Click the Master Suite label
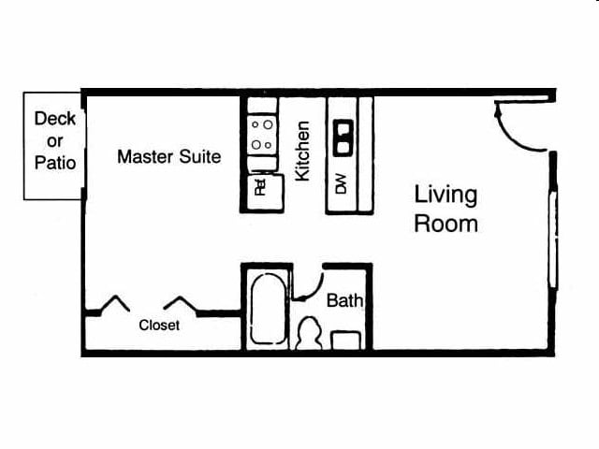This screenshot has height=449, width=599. (168, 156)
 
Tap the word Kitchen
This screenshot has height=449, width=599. (302, 152)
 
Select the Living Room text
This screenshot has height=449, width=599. (446, 209)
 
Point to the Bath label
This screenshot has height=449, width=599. (344, 300)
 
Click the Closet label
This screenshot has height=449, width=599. (159, 326)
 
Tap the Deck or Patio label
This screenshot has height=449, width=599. (55, 140)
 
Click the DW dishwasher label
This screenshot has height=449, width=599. (341, 183)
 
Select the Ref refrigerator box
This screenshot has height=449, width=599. (266, 192)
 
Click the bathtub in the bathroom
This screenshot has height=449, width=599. (268, 309)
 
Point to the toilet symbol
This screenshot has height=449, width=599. (309, 333)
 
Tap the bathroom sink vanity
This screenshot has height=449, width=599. (345, 340)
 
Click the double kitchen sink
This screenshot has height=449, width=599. (343, 138)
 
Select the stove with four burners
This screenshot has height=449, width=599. (262, 135)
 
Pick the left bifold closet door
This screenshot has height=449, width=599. (114, 303)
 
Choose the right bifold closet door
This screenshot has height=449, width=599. (180, 303)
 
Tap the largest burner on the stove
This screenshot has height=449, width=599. (269, 124)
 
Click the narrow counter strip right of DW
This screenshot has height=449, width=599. (366, 153)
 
